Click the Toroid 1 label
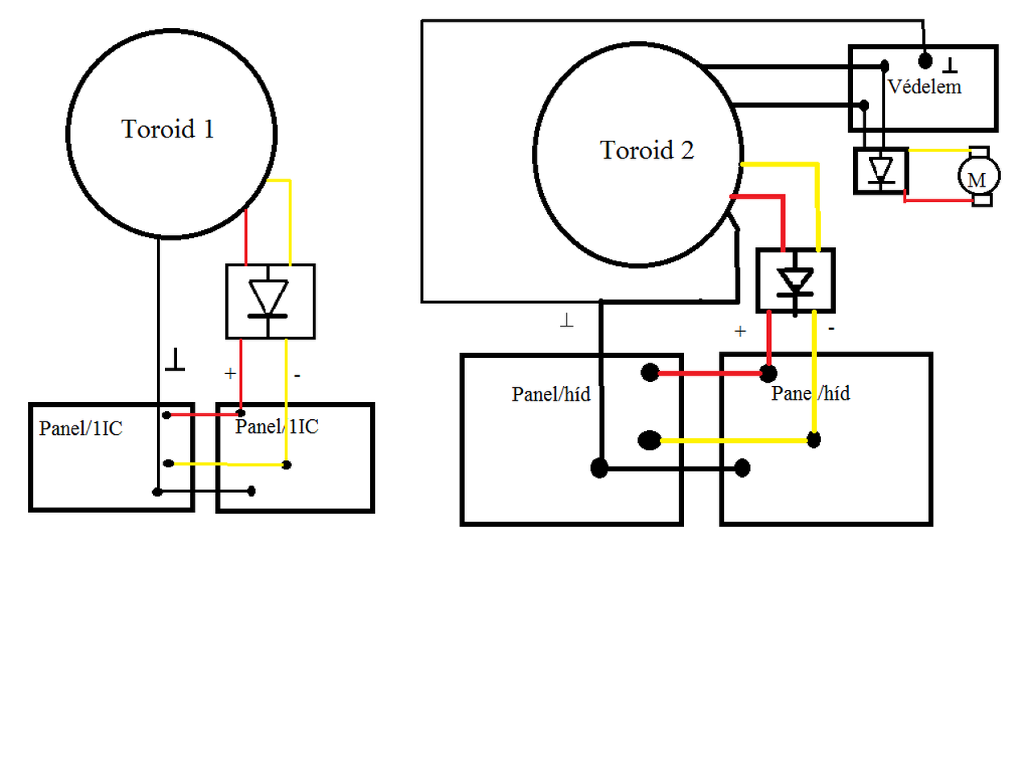tap(167, 129)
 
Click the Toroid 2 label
tap(646, 150)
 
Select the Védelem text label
tap(924, 87)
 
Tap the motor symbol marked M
tap(978, 177)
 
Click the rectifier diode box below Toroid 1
tap(270, 302)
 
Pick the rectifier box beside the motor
tap(881, 171)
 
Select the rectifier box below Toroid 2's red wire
tap(795, 281)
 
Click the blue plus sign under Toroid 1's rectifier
tap(230, 373)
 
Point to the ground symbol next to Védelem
tap(950, 64)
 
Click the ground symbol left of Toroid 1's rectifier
tap(175, 359)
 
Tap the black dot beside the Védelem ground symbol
tap(925, 61)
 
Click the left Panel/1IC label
tap(80, 429)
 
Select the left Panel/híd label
tap(550, 394)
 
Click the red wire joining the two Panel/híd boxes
tap(708, 373)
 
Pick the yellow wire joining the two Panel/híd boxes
tap(732, 441)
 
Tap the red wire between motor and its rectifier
tap(937, 199)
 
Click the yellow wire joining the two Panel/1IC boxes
tap(229, 464)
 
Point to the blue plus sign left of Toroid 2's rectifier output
tap(740, 331)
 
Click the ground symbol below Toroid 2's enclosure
tap(566, 321)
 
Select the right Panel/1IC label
tap(277, 426)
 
